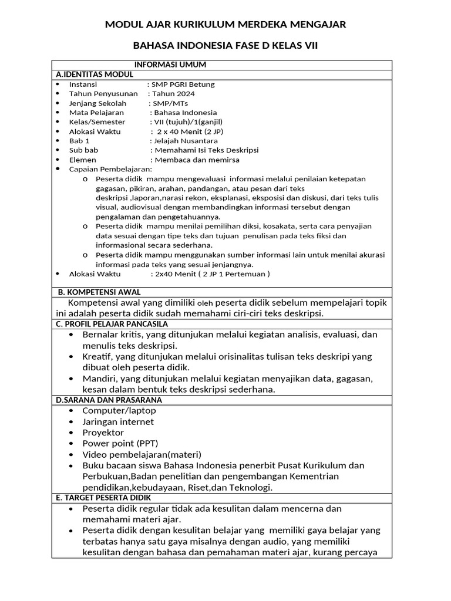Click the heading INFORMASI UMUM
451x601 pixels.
coord(170,65)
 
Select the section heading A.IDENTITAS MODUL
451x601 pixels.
coord(95,75)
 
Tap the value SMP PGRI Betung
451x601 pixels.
coord(183,84)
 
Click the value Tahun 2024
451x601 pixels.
coord(173,93)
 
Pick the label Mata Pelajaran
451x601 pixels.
coord(96,112)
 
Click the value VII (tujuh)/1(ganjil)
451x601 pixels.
coord(189,121)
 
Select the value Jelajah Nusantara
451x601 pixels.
coord(185,141)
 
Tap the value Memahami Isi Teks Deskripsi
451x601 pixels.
coord(206,150)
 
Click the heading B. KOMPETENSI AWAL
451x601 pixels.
coord(99,292)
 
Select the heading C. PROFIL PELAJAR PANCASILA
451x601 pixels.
coord(112,323)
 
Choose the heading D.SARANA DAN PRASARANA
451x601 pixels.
coord(109,400)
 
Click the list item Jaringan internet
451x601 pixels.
coord(118,421)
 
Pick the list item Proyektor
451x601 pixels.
coord(103,433)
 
